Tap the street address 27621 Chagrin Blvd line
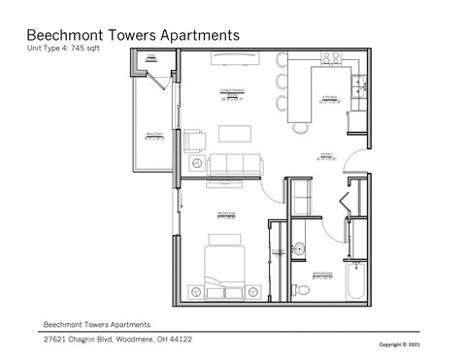click(x=116, y=340)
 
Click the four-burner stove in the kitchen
click(x=331, y=57)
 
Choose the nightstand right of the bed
click(x=254, y=287)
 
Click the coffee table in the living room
click(x=233, y=133)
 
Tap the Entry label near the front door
click(x=327, y=155)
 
